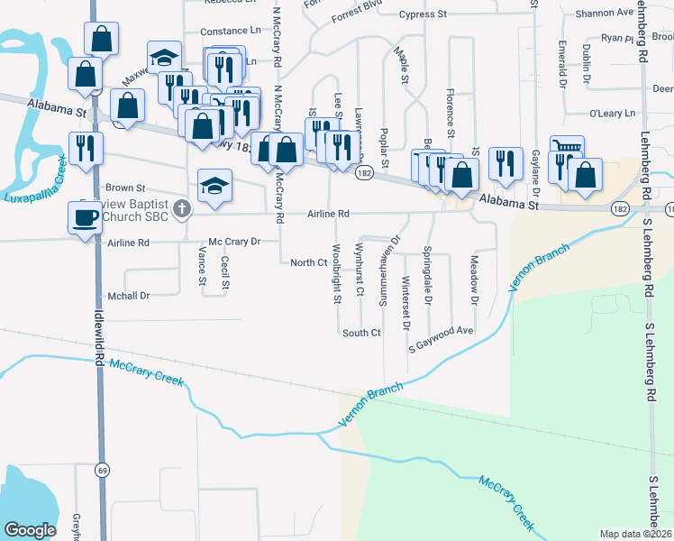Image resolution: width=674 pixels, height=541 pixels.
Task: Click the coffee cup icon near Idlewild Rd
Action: pyautogui.click(x=87, y=217)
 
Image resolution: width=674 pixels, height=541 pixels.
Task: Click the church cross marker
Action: pyautogui.click(x=182, y=209)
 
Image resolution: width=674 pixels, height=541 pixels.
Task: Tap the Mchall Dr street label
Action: pyautogui.click(x=128, y=295)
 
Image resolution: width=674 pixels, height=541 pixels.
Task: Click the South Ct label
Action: pyautogui.click(x=361, y=333)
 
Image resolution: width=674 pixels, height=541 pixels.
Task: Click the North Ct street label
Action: pyautogui.click(x=307, y=262)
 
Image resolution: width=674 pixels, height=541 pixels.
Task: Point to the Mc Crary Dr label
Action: pyautogui.click(x=233, y=242)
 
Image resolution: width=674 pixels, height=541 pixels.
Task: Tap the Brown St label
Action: pyautogui.click(x=125, y=188)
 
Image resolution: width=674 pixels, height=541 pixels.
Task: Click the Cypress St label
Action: pyautogui.click(x=423, y=14)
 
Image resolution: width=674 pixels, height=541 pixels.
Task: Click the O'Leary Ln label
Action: pyautogui.click(x=611, y=114)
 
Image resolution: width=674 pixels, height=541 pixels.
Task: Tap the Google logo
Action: pyautogui.click(x=30, y=530)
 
